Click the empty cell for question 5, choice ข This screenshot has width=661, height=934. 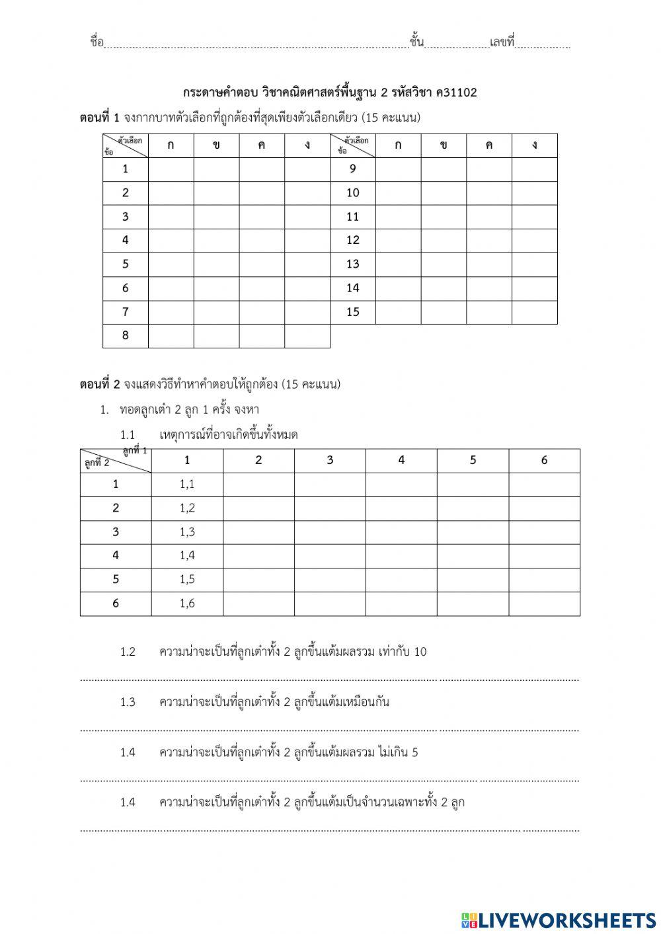pyautogui.click(x=216, y=264)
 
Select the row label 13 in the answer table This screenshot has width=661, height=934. pyautogui.click(x=353, y=264)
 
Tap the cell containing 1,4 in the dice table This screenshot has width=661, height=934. pyautogui.click(x=187, y=556)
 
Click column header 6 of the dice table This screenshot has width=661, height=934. pyautogui.click(x=544, y=461)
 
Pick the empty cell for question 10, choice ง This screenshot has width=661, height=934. pyautogui.click(x=534, y=193)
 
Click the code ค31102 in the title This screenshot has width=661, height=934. pyautogui.click(x=462, y=93)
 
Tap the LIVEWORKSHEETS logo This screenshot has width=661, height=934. pyautogui.click(x=559, y=919)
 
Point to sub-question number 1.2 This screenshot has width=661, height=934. pyautogui.click(x=128, y=652)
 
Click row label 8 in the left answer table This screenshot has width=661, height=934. pyautogui.click(x=126, y=336)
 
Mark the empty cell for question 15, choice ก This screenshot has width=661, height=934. pyautogui.click(x=398, y=312)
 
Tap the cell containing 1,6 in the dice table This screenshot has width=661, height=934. pyautogui.click(x=187, y=603)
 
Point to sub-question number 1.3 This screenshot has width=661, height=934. pyautogui.click(x=128, y=702)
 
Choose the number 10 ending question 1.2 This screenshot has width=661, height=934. pyautogui.click(x=420, y=652)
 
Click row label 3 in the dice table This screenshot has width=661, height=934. pyautogui.click(x=116, y=532)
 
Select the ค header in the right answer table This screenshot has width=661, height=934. pyautogui.click(x=488, y=145)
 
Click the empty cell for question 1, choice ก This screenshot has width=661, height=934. pyautogui.click(x=171, y=169)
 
